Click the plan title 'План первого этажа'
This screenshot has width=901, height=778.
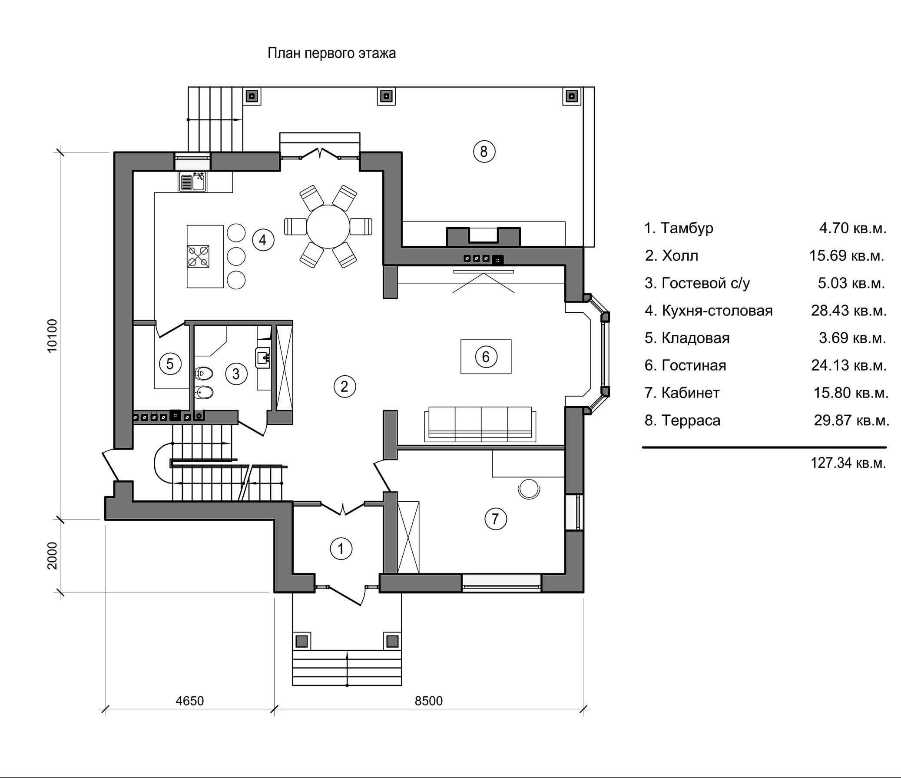point(331,53)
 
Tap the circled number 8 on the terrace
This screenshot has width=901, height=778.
point(484,152)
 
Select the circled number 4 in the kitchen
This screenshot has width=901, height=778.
point(263,240)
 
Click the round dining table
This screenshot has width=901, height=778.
point(328,227)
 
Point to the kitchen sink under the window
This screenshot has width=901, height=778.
point(193,182)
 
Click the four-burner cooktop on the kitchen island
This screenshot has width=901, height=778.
point(198,256)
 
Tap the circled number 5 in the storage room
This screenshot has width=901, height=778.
point(169,363)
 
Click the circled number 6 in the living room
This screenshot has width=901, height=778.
point(486,357)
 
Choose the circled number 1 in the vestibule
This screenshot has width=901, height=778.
point(341,549)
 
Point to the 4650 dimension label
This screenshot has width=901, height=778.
point(189,701)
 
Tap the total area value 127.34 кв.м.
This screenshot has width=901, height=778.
point(848,463)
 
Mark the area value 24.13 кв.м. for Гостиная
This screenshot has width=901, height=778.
point(849,365)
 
